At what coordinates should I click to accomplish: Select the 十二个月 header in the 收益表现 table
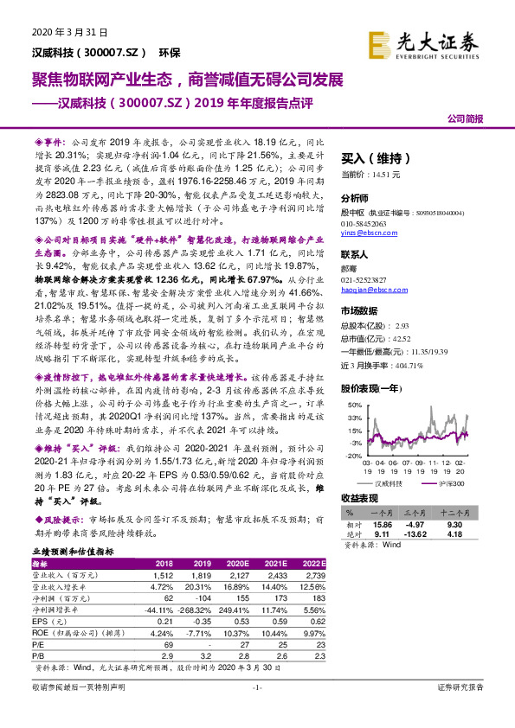460,512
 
